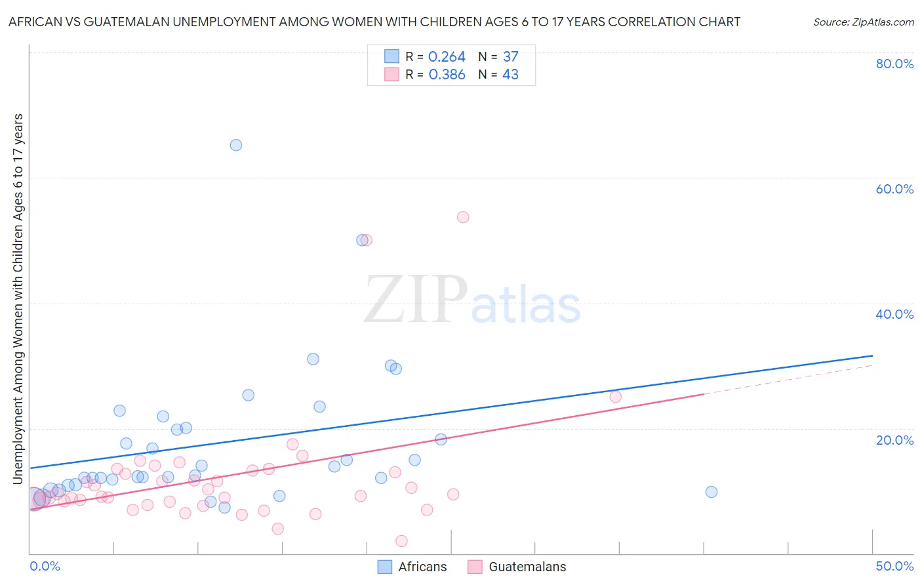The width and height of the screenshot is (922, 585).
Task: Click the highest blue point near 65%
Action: (x=236, y=145)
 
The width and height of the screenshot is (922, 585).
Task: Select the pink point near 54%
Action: (x=463, y=217)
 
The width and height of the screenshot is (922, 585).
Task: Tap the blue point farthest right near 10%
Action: (x=712, y=492)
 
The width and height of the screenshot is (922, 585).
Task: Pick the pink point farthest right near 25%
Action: (x=615, y=397)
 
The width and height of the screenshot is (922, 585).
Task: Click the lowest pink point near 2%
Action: (x=401, y=541)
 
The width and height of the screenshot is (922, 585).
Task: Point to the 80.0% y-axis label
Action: (x=894, y=64)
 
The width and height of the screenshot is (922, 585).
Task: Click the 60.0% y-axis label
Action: (x=894, y=189)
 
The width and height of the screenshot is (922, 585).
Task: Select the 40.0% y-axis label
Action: (x=894, y=314)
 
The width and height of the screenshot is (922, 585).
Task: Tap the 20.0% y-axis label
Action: (x=894, y=440)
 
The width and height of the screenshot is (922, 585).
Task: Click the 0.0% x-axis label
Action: (x=45, y=566)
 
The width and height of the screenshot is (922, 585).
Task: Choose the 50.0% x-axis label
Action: (x=894, y=566)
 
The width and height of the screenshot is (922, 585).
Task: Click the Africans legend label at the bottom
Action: (x=422, y=567)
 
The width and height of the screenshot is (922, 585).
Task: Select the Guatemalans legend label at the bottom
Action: (x=527, y=567)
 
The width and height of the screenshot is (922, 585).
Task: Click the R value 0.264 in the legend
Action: (x=447, y=57)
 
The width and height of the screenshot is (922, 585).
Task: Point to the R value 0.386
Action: (x=447, y=75)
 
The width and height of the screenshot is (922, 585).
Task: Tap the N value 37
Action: (x=511, y=57)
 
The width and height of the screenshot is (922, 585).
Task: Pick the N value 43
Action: (x=511, y=75)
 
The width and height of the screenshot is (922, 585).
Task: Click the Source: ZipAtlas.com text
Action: (x=864, y=22)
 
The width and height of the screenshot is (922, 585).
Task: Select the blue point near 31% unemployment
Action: (x=313, y=359)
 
